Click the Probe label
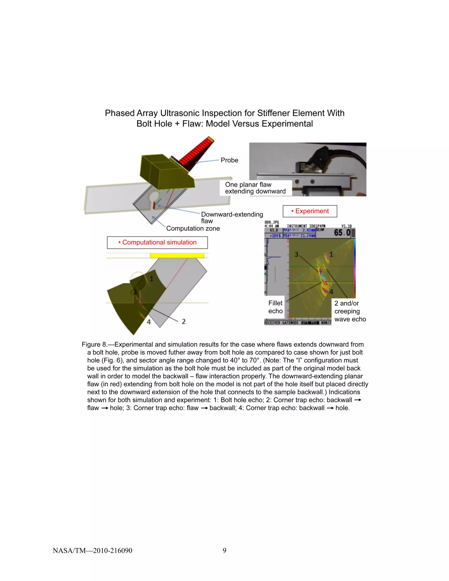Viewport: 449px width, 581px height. click(x=229, y=160)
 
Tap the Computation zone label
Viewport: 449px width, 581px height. click(x=193, y=228)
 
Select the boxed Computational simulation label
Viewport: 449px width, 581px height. click(x=157, y=242)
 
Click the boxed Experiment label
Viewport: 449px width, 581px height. click(x=310, y=211)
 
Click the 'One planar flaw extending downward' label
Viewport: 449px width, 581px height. click(x=255, y=188)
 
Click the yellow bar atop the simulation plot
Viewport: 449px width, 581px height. click(x=177, y=256)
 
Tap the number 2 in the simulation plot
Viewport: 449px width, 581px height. click(x=184, y=322)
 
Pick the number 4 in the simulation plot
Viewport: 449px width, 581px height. click(x=149, y=322)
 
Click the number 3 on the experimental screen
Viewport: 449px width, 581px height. click(x=296, y=255)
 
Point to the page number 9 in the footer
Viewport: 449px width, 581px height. click(x=224, y=550)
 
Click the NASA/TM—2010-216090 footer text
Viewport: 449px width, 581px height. click(x=92, y=550)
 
